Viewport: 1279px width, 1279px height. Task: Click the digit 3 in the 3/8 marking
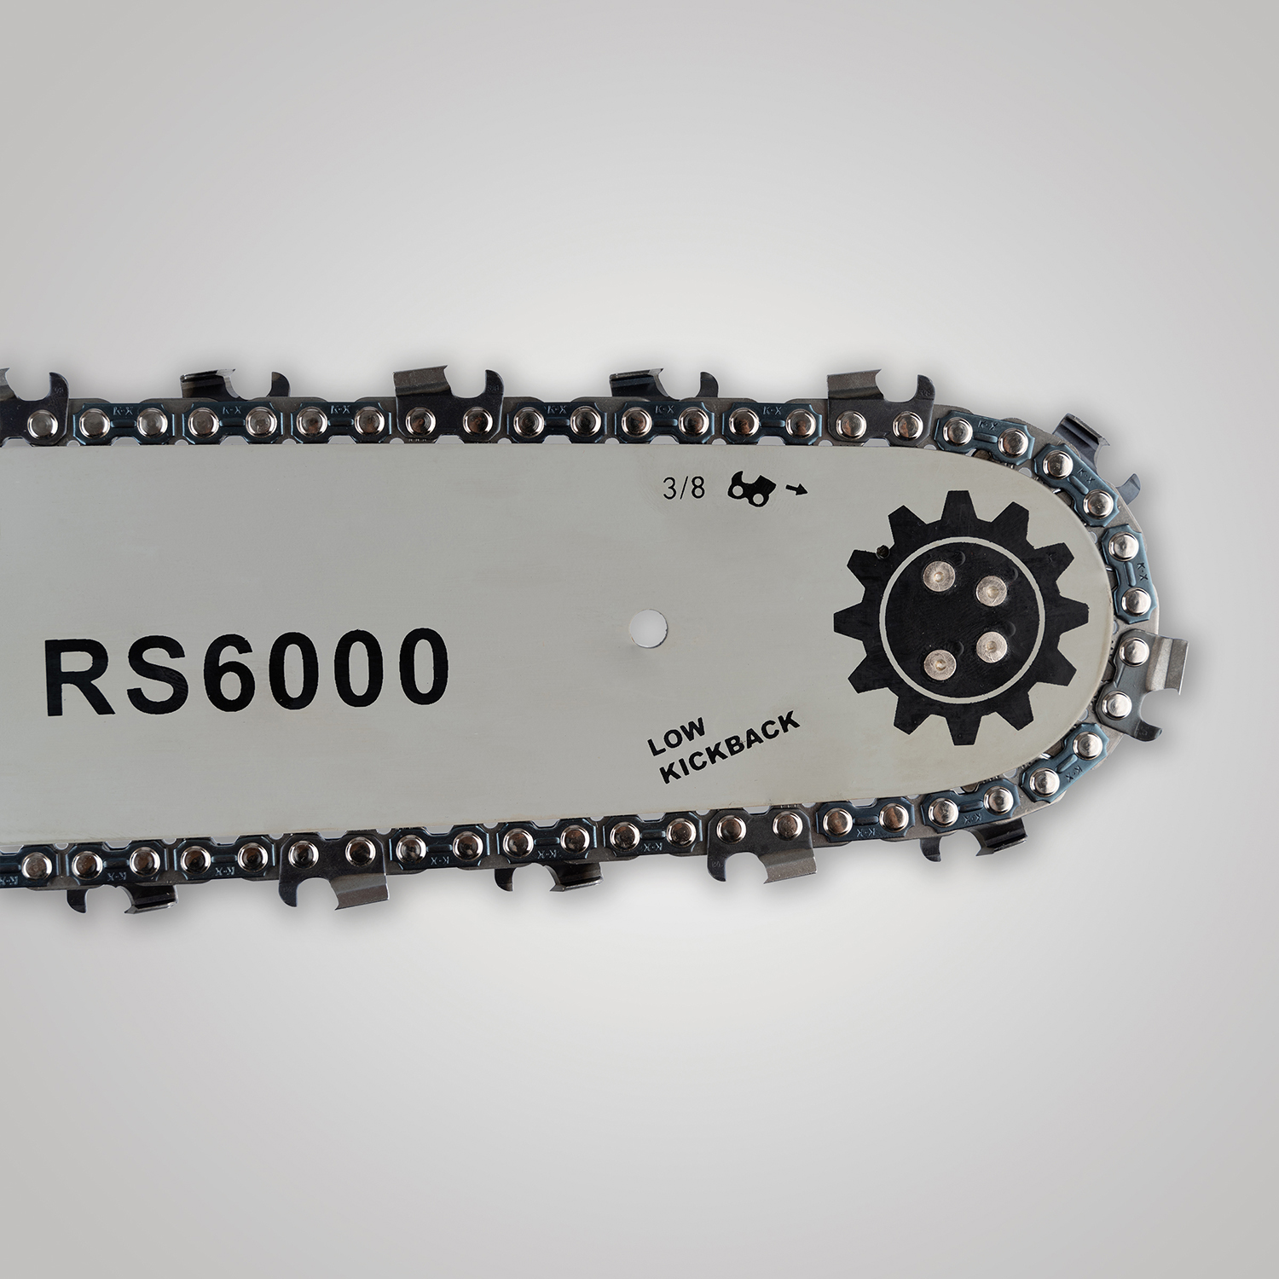(x=669, y=490)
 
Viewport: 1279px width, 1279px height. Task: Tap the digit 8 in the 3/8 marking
(x=697, y=490)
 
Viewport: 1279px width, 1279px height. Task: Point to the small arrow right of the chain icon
(x=797, y=489)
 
